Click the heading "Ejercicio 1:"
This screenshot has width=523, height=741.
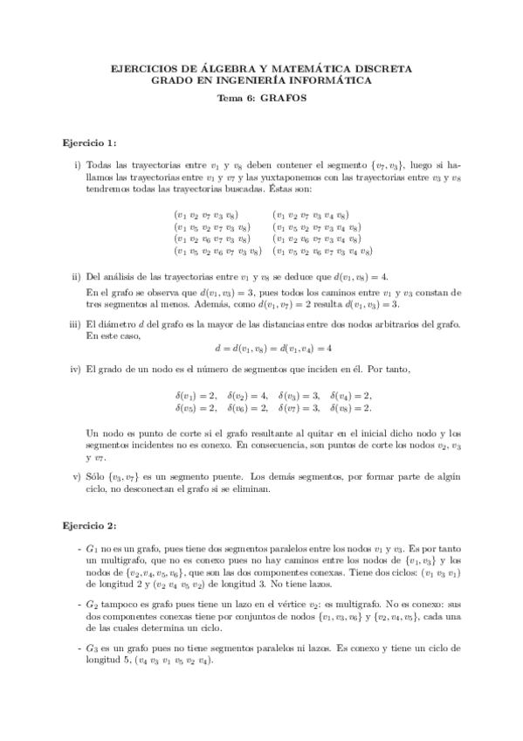click(x=90, y=142)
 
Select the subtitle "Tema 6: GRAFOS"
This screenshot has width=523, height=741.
click(x=261, y=98)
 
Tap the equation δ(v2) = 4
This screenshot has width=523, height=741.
click(x=248, y=395)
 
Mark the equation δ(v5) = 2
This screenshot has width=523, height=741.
click(x=196, y=407)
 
